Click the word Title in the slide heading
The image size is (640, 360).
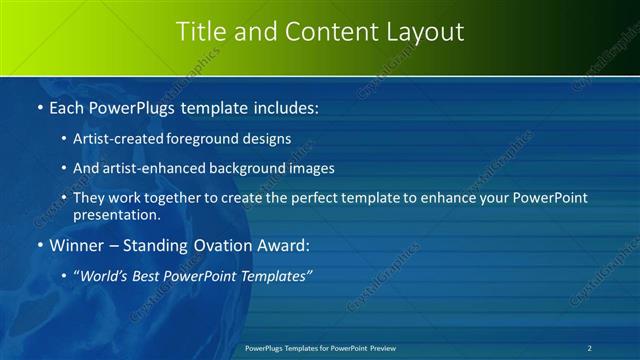[200, 32]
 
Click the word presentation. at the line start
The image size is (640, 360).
[116, 215]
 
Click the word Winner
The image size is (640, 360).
[78, 245]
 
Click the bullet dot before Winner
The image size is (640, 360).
[39, 245]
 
